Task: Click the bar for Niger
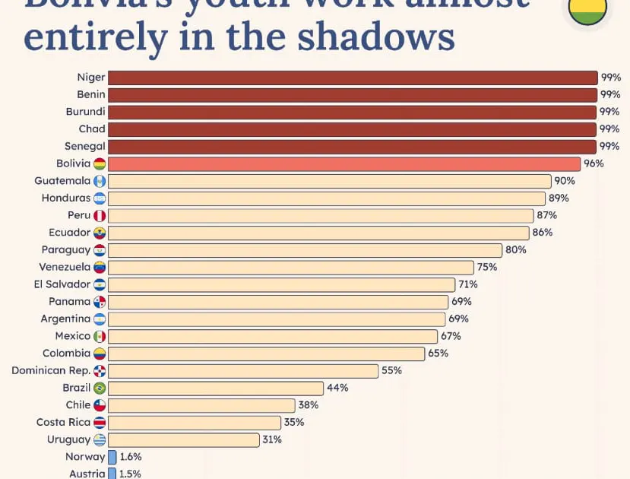353,78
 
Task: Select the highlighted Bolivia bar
344,163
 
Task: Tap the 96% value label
594,163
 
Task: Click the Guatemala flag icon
100,181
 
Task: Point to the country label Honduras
65,198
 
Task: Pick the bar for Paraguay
305,250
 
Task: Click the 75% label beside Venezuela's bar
487,267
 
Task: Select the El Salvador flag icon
100,284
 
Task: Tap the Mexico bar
273,336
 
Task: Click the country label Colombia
66,353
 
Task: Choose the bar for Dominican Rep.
243,371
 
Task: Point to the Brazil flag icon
100,388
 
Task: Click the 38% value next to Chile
308,405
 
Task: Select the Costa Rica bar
195,423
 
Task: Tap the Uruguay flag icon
100,439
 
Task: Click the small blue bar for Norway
112,457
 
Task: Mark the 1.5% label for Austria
130,474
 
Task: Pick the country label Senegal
85,146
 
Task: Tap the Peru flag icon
100,215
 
